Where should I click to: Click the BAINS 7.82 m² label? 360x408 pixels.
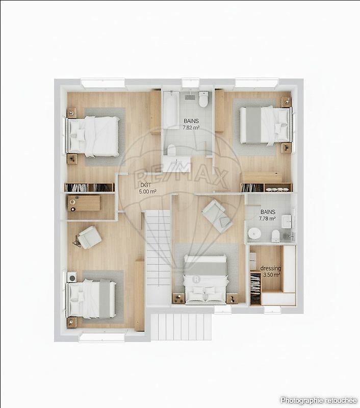point(192,124)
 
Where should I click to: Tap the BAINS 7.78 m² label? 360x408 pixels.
point(268,215)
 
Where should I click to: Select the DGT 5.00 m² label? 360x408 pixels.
point(147,189)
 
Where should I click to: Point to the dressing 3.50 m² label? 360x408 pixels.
point(271,271)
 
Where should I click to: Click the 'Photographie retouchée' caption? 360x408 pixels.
point(318,400)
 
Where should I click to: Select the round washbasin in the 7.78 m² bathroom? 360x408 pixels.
point(254,234)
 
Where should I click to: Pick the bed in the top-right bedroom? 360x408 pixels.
point(265,124)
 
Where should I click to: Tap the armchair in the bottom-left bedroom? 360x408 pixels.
point(89,237)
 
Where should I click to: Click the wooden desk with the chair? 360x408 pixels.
point(84,203)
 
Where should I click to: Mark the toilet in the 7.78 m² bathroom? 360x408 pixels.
point(275,235)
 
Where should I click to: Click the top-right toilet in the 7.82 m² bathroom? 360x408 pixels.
point(204,99)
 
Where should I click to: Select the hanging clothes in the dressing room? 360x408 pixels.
point(255,289)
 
